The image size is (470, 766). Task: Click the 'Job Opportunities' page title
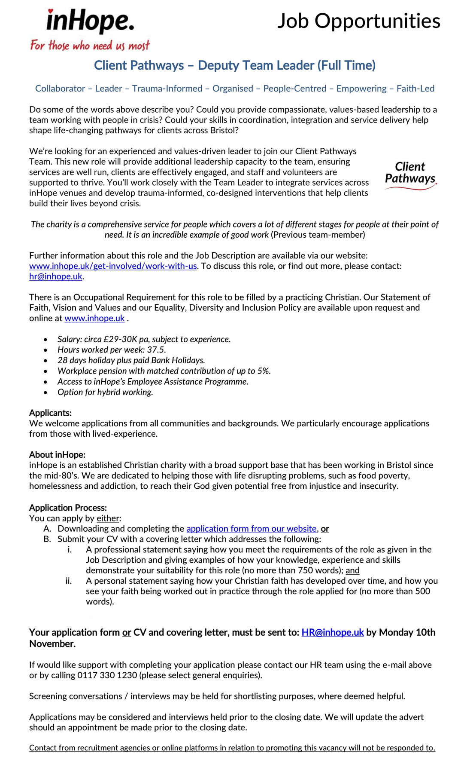coord(358,21)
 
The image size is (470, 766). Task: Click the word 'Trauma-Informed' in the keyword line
coord(167,89)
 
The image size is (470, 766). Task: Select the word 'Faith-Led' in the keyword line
coord(415,89)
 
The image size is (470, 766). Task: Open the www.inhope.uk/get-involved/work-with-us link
coord(113,266)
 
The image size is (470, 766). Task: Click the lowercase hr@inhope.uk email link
coord(55,276)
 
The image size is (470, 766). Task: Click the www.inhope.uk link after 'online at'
coord(94,318)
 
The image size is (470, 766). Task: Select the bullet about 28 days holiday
coord(131,360)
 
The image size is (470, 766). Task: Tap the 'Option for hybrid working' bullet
coord(105,392)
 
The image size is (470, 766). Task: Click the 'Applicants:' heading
coord(50,413)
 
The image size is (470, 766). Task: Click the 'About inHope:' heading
coord(57,455)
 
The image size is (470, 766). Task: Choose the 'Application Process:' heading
coord(68,508)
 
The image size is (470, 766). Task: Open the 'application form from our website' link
coord(251,529)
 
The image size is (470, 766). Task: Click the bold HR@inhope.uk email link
coord(332,632)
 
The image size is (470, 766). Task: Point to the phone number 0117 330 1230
coord(107,675)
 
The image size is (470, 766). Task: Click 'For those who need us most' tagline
coord(90,46)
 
